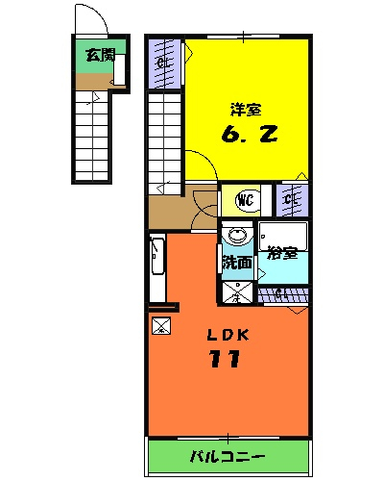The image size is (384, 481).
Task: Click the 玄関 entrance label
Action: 93,55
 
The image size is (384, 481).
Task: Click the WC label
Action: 246,201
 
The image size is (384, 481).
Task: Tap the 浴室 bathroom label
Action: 281,254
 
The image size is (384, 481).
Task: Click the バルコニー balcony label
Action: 230,455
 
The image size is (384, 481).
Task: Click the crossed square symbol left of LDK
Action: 161,324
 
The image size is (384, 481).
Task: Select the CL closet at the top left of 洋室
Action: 165,63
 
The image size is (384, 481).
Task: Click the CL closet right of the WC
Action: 290,200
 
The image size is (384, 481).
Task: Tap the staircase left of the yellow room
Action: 165,139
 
